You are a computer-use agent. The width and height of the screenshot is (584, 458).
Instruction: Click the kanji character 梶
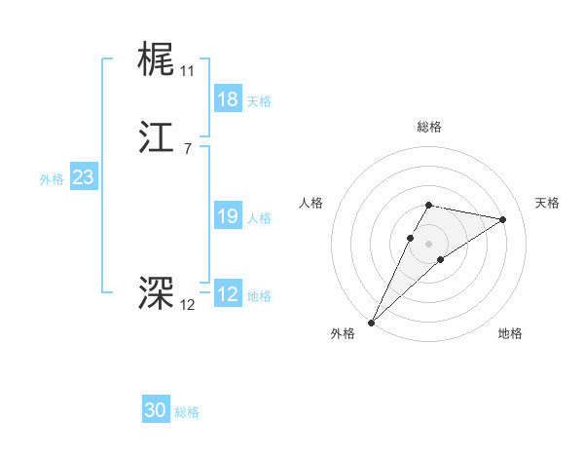[x=156, y=58]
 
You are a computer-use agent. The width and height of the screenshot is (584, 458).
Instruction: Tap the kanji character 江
[x=156, y=141]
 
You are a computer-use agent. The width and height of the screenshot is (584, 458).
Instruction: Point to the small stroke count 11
[x=187, y=71]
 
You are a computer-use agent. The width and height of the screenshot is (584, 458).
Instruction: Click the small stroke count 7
[x=187, y=148]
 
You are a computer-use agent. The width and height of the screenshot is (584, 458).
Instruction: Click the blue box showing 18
[x=227, y=99]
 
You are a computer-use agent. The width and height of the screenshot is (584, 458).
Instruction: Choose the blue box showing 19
[x=227, y=216]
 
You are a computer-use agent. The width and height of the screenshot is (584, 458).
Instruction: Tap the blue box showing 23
[x=83, y=177]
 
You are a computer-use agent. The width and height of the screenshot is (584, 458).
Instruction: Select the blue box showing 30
[x=156, y=410]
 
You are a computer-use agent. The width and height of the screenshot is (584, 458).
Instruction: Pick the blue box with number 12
[x=227, y=294]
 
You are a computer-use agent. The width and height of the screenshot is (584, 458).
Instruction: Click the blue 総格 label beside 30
[x=187, y=412]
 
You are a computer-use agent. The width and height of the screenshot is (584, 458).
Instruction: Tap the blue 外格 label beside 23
[x=52, y=179]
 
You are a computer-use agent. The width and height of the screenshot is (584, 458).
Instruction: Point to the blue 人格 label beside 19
[x=260, y=218]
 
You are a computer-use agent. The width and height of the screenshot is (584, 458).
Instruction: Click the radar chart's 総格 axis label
[x=429, y=127]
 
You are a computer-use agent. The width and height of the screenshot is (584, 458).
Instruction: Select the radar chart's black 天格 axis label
[x=548, y=203]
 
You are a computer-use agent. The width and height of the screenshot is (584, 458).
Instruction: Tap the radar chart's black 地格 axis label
[x=510, y=333]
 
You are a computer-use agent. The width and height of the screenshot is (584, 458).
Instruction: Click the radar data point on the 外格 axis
[x=371, y=322]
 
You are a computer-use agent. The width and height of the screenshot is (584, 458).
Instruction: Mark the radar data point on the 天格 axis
[x=503, y=219]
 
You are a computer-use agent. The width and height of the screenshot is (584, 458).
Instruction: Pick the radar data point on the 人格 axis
[x=411, y=238]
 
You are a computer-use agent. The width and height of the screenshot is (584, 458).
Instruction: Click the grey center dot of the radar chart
[x=429, y=244]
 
